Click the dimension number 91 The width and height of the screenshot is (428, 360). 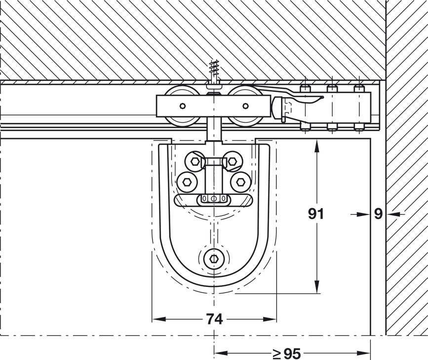click(315, 214)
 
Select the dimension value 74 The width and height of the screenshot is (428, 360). click(214, 320)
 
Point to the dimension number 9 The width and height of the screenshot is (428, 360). click(378, 214)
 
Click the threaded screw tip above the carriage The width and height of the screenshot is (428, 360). click(214, 69)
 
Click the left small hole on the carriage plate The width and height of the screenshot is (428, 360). click(183, 106)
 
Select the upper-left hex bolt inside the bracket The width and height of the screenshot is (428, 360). click(194, 161)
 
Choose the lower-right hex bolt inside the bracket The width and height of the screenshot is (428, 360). click(240, 182)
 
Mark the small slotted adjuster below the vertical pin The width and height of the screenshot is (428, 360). click(214, 199)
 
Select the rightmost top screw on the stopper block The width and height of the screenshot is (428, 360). click(358, 89)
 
